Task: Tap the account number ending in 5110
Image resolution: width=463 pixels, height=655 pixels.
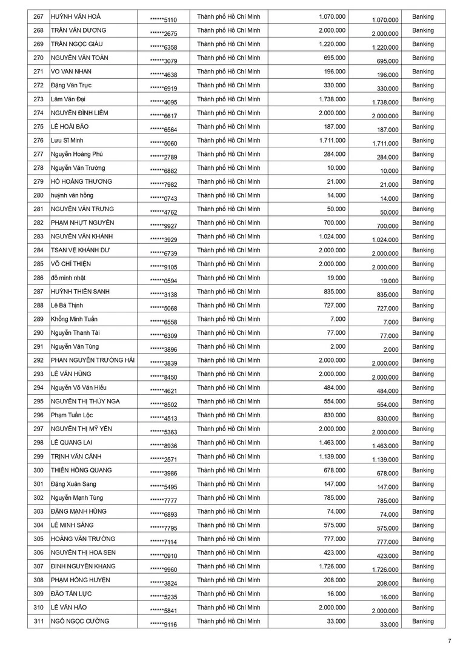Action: [164, 20]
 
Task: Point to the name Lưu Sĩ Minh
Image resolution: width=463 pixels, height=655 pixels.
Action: [67, 140]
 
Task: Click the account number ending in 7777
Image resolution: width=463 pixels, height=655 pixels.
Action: [164, 500]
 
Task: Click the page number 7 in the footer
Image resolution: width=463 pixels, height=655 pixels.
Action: [449, 641]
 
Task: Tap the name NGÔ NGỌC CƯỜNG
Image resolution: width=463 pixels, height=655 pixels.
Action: [80, 621]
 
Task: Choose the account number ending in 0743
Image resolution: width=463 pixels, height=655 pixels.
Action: [164, 198]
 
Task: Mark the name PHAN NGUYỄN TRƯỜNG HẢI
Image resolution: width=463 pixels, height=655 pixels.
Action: [93, 360]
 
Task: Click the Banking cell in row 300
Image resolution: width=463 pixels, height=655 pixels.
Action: [422, 470]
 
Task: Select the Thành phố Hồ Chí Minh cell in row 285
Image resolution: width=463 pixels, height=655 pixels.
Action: [228, 264]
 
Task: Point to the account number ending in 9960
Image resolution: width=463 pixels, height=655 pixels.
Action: [164, 569]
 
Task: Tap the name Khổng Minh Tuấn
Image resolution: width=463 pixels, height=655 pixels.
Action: [75, 319]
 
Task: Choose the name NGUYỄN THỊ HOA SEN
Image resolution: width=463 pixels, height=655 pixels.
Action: [83, 553]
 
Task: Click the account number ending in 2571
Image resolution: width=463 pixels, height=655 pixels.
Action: [164, 459]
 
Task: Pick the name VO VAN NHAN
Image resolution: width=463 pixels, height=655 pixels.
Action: [72, 72]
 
